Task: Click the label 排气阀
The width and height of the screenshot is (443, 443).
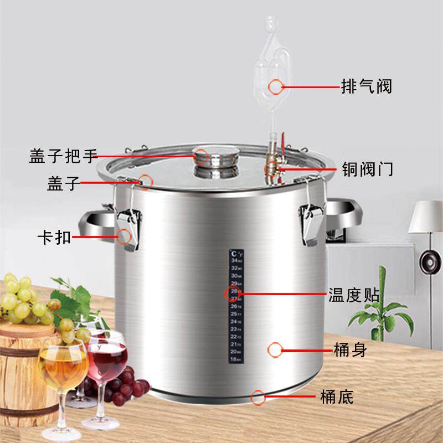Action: pos(366,86)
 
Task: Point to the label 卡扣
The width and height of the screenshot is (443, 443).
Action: pos(54,238)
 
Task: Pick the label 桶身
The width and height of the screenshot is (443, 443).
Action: pos(350,350)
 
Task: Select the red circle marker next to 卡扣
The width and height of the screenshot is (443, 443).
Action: pos(125,237)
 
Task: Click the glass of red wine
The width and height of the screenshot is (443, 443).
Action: pos(106,360)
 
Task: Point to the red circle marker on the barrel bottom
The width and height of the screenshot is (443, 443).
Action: pos(257,396)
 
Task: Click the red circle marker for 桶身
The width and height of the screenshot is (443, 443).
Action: pos(276,349)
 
